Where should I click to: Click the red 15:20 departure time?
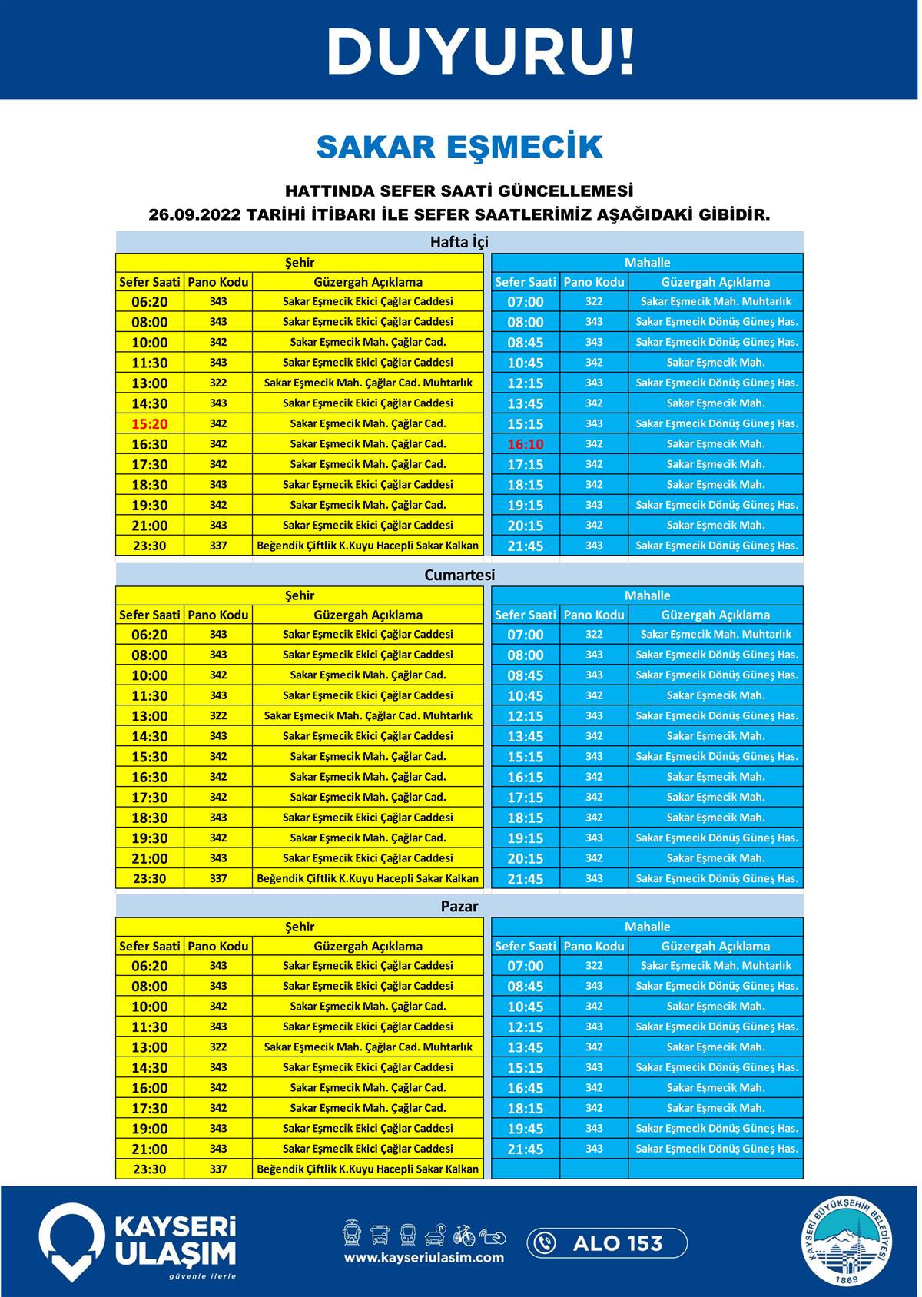pyautogui.click(x=149, y=423)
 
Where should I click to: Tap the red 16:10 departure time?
pyautogui.click(x=525, y=444)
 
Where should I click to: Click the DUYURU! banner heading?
pyautogui.click(x=481, y=51)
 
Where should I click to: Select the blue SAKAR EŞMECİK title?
pyautogui.click(x=459, y=147)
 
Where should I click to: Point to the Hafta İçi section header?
pyautogui.click(x=459, y=243)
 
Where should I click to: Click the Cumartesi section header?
pyautogui.click(x=459, y=575)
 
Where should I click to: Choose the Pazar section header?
pyautogui.click(x=459, y=907)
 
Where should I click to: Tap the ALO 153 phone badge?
pyautogui.click(x=607, y=1242)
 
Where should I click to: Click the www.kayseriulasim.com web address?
pyautogui.click(x=424, y=1258)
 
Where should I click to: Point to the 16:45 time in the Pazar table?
pyautogui.click(x=525, y=1088)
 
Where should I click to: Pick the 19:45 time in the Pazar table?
pyautogui.click(x=525, y=1129)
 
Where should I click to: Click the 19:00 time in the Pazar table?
pyautogui.click(x=149, y=1129)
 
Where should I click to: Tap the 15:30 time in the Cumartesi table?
pyautogui.click(x=149, y=757)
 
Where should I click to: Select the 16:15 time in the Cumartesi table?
pyautogui.click(x=525, y=777)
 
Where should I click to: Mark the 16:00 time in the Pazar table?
pyautogui.click(x=149, y=1088)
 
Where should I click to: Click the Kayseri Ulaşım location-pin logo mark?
pyautogui.click(x=71, y=1241)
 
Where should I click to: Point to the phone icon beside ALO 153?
pyautogui.click(x=545, y=1242)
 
